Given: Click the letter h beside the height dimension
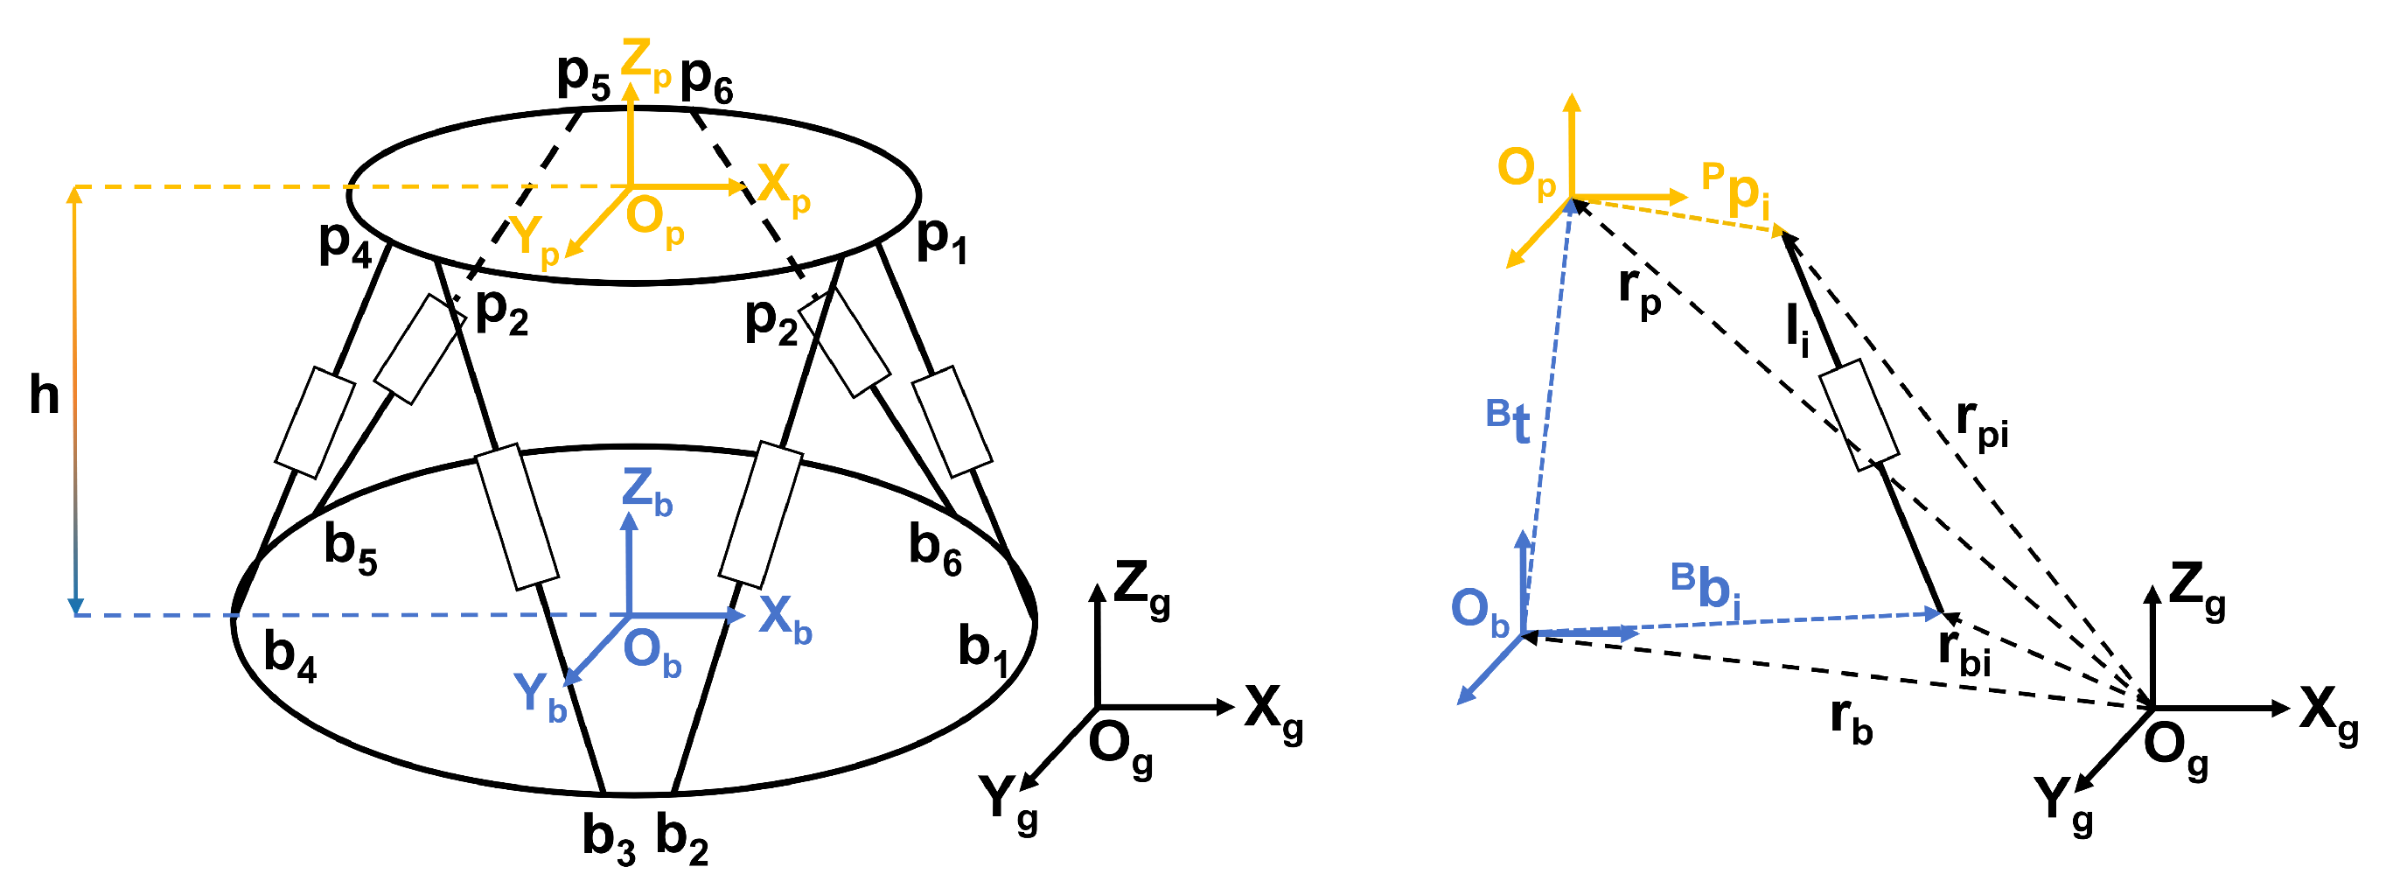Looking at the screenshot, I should pos(44,395).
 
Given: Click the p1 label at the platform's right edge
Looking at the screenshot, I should pos(941,240).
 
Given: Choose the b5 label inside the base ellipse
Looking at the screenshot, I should pos(350,548).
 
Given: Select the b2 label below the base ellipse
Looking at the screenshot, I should pos(681,838).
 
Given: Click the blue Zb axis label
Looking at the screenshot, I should pos(646,492).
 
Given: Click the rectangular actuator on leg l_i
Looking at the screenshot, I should pos(1859,415).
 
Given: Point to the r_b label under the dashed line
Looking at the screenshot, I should pos(1851,720).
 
